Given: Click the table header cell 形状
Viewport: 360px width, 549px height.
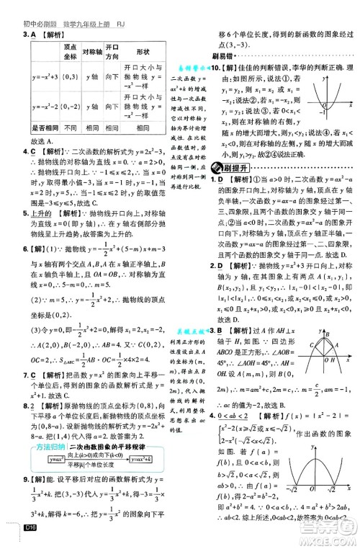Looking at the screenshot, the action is point(144,52).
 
